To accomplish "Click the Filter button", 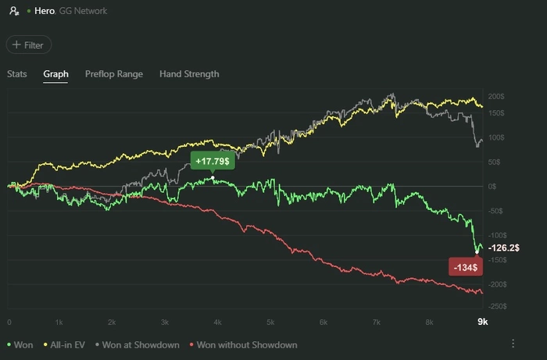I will click(28, 45).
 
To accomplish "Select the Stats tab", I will click(17, 74).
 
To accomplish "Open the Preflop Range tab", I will click(114, 74).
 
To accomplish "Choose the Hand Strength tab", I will click(189, 74).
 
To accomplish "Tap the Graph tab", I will click(55, 74).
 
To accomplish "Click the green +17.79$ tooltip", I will click(213, 162).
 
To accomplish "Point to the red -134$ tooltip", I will click(466, 267).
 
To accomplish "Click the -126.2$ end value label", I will click(503, 248).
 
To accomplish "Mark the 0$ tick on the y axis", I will click(492, 187).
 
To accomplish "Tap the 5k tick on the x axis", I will click(270, 322).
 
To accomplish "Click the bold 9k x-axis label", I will click(482, 322).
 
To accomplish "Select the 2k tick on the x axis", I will click(113, 322).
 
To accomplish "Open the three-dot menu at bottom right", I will click(513, 344).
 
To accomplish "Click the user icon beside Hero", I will click(14, 11).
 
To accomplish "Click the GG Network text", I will click(84, 11).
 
